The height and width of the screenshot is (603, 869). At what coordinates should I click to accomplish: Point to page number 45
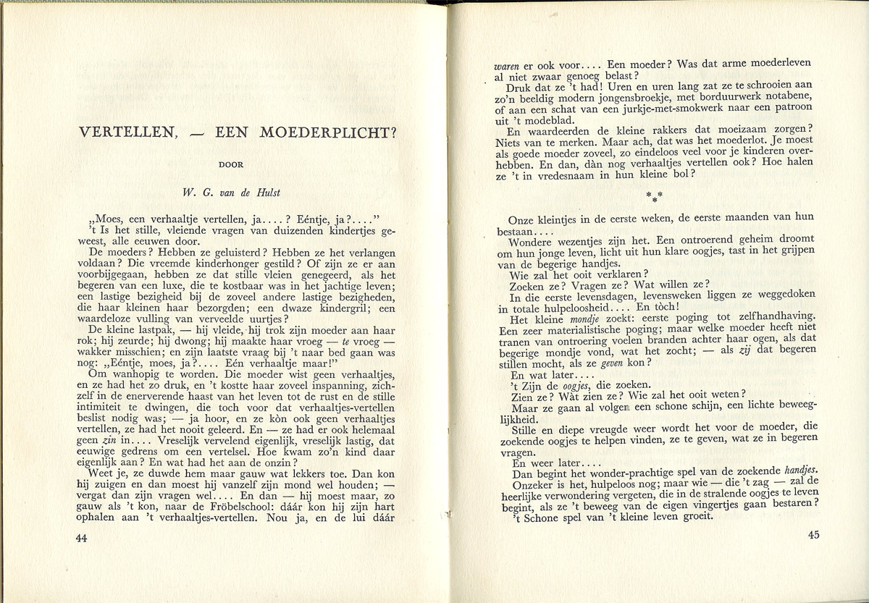812,535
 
